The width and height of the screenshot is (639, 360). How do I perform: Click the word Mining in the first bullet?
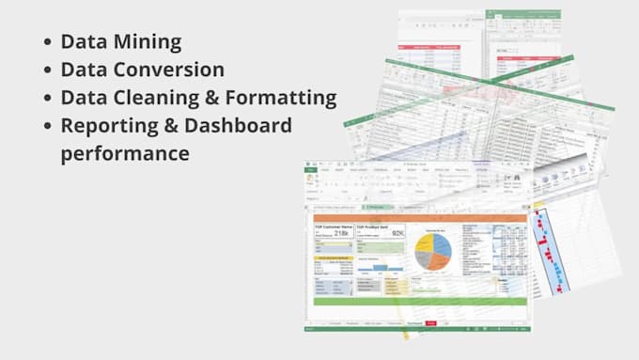148,41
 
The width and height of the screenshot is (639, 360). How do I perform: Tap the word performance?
125,152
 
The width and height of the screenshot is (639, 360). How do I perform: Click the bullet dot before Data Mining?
46,42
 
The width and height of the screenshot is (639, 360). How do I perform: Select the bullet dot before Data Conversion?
46,70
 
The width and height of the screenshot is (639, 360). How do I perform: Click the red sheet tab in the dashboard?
430,322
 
